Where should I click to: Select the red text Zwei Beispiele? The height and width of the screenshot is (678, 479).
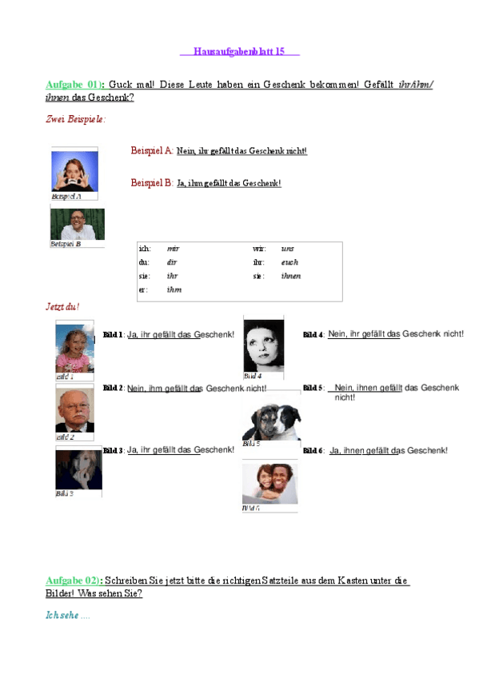[x=75, y=119]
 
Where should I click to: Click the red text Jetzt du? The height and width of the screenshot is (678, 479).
[x=63, y=307]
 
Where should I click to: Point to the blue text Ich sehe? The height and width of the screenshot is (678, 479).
[x=63, y=616]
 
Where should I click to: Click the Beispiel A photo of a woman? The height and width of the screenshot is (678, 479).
[x=74, y=170]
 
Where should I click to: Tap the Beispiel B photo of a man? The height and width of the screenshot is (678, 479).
[x=78, y=225]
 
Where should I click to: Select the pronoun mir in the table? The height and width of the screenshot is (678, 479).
[x=173, y=249]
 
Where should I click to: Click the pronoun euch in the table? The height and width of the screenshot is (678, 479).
[x=289, y=262]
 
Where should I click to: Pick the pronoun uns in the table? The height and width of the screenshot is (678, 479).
[x=288, y=249]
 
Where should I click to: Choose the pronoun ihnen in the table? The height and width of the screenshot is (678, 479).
[x=291, y=276]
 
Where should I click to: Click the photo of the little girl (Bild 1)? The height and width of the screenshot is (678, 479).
[x=75, y=346]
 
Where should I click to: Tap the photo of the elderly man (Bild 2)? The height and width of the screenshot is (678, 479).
[x=75, y=409]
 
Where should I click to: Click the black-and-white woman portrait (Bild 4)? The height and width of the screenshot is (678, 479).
[x=263, y=346]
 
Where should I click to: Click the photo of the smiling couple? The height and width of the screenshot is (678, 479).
[x=269, y=484]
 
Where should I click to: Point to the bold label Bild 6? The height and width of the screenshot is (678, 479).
[x=313, y=452]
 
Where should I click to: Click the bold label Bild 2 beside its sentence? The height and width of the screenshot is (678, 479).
[x=113, y=389]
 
